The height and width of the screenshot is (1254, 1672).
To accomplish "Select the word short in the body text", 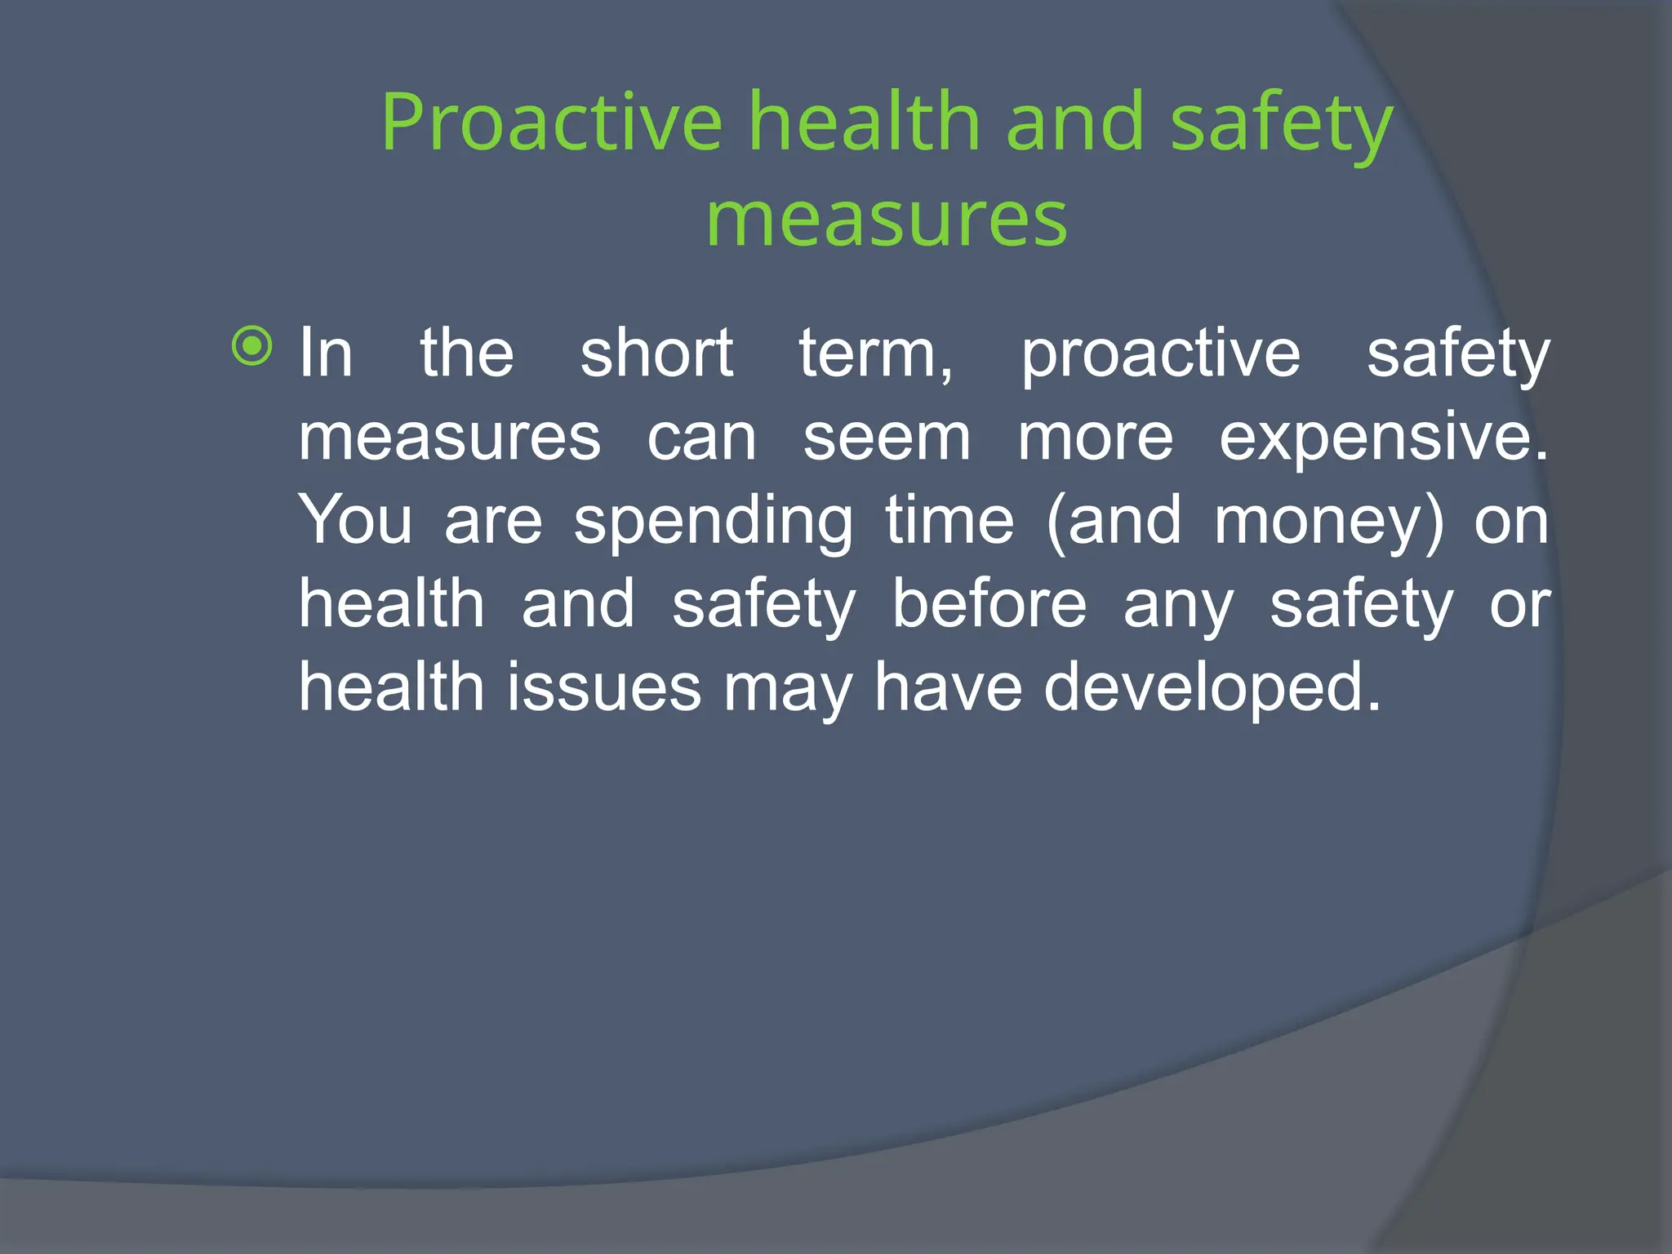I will [656, 354].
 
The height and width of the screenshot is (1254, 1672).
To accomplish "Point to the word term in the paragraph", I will [872, 354].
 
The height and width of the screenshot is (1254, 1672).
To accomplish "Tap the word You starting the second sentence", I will [355, 521].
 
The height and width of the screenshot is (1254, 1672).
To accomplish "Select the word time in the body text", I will [949, 521].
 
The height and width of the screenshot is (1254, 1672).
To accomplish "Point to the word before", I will [989, 604].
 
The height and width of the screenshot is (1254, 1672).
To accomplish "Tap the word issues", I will [604, 687].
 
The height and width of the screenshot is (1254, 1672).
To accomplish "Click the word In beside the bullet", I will [326, 354].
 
